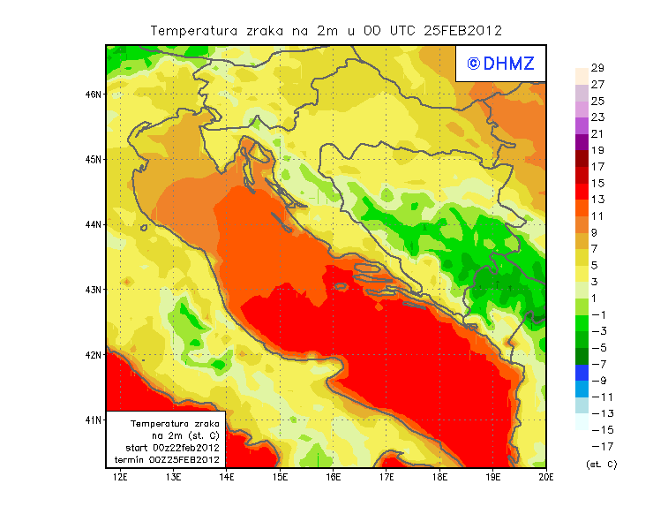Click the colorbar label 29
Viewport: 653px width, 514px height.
click(x=597, y=68)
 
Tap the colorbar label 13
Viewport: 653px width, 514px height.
click(x=597, y=200)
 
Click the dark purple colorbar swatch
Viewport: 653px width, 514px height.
click(x=581, y=141)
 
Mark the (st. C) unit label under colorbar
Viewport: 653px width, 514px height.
click(x=601, y=465)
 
